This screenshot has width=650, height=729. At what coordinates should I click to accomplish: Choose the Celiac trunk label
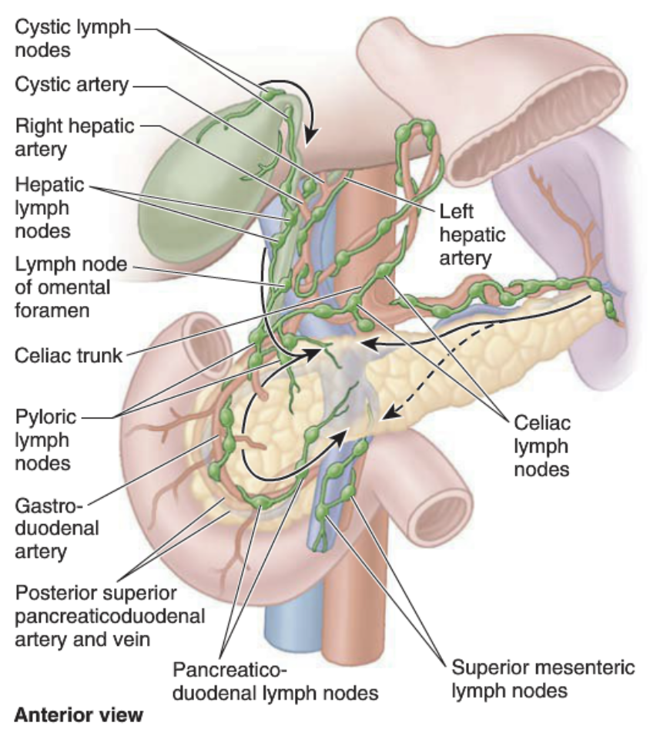68,355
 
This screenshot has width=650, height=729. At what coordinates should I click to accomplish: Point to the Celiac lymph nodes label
538,445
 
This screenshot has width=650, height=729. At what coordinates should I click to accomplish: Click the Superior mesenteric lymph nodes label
543,679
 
